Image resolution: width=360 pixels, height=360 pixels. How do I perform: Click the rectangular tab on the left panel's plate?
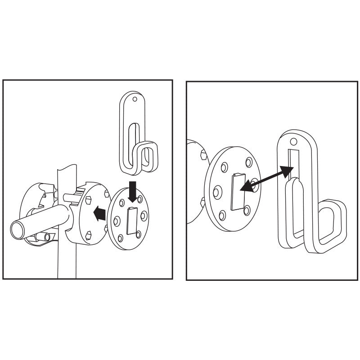pos(132,221)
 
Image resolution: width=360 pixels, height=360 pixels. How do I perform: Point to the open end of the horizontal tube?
pos(18,230)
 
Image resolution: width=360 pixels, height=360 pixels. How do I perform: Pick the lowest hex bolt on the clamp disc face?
pos(89,234)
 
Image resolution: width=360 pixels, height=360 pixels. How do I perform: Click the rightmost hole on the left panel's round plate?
pos(144,216)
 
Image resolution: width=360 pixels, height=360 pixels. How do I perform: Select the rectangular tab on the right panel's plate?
pos(236,193)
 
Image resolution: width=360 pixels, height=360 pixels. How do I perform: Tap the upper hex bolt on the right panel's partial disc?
pos(203,156)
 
